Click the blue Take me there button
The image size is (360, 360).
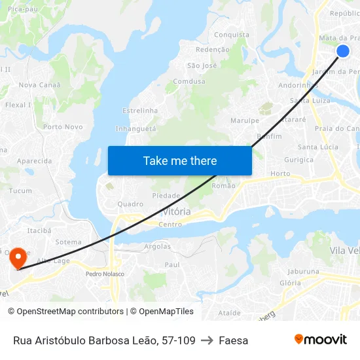(180, 160)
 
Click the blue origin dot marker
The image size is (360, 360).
(343, 51)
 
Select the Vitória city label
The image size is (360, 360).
(177, 212)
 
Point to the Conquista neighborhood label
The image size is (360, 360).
(232, 35)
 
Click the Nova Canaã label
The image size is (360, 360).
(39, 85)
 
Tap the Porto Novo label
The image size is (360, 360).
(63, 127)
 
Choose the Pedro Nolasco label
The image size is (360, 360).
(105, 274)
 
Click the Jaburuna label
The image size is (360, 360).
(303, 271)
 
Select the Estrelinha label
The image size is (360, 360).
(140, 111)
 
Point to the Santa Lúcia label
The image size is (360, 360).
(318, 147)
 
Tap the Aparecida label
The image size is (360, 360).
(34, 161)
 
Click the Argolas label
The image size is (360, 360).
(157, 247)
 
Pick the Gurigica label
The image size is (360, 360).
(299, 160)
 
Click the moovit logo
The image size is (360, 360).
(321, 339)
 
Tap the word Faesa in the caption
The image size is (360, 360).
(234, 340)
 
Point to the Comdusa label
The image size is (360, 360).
(189, 82)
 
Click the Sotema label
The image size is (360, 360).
(69, 242)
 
